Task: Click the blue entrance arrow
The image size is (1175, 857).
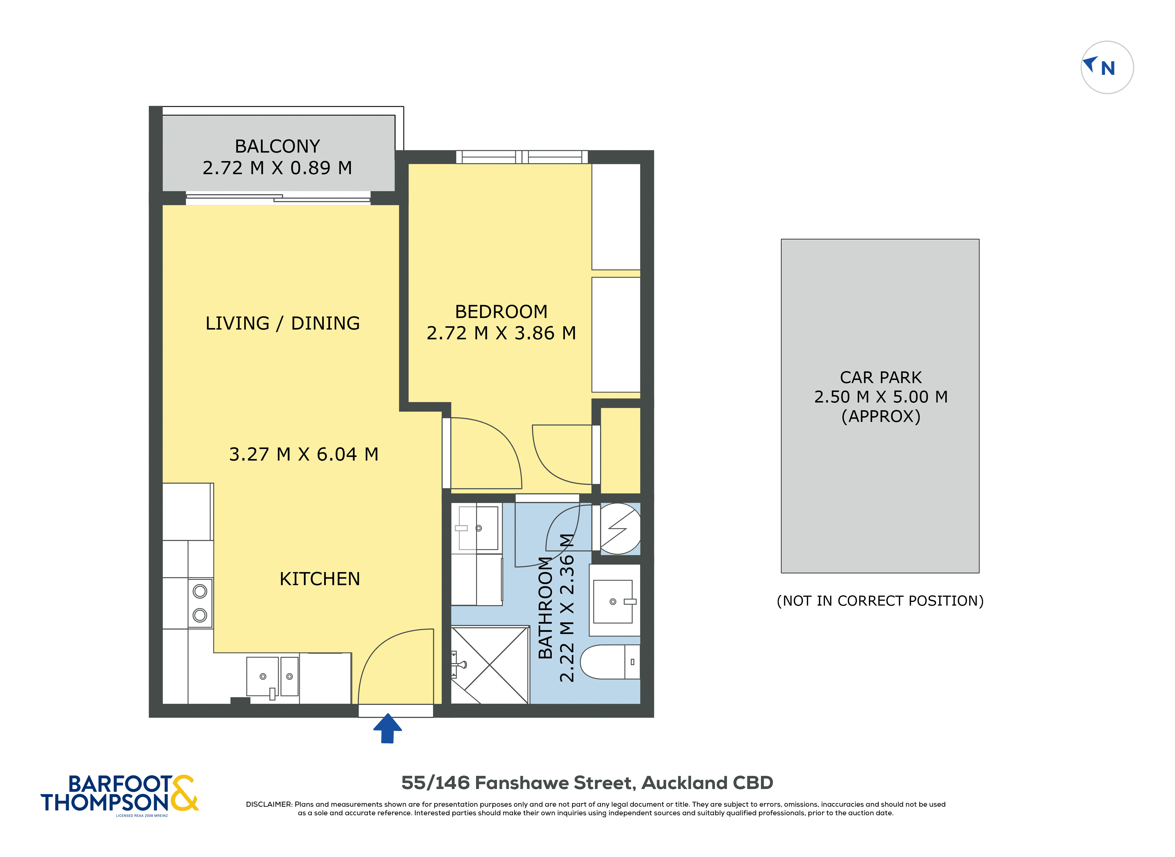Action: point(387,729)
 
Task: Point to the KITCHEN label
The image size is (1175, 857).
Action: point(319,579)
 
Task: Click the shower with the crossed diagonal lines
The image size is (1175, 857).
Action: point(490,665)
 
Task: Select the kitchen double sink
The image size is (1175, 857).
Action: point(272,676)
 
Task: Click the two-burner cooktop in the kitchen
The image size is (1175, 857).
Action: point(200,603)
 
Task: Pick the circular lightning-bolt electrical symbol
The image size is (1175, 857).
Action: point(620,528)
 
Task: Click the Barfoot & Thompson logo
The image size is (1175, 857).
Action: point(120,794)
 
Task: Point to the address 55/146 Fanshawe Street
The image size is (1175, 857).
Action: point(587,783)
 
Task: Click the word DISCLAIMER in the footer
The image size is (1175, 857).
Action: point(269,805)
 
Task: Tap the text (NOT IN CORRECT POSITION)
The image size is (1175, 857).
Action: point(880,601)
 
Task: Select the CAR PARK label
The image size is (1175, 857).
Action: point(880,377)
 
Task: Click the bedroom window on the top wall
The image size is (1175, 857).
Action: point(521,157)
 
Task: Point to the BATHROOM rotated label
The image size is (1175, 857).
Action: point(545,608)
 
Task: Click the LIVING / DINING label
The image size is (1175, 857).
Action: point(282,323)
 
